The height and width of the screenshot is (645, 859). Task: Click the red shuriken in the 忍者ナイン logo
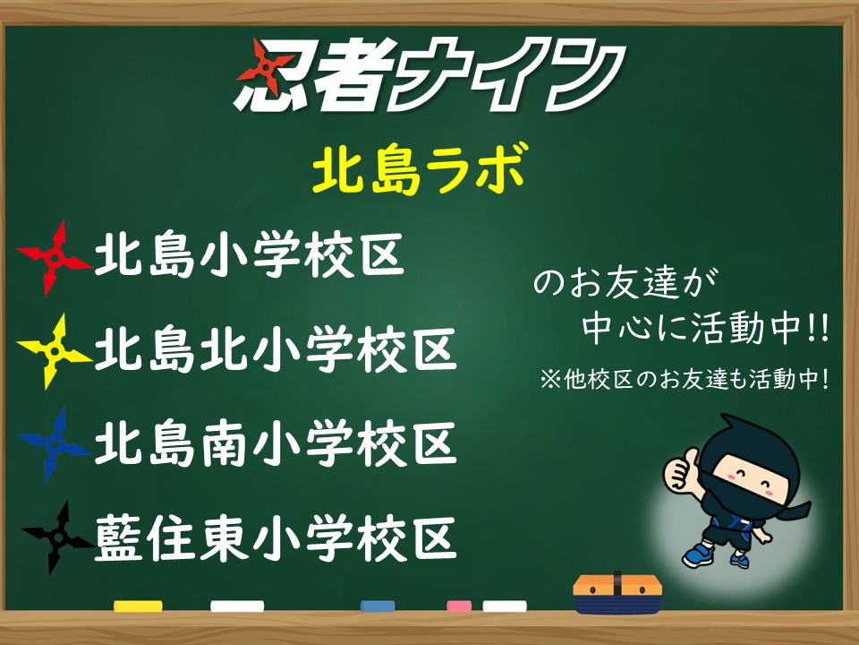pos(266,67)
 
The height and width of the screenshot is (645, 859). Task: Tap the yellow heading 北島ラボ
pos(421,169)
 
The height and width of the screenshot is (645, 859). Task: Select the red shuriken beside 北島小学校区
pos(54,258)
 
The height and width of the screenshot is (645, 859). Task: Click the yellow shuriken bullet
pos(54,351)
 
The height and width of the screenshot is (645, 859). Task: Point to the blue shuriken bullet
pos(54,444)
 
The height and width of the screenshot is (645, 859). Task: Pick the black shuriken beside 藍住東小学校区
pos(57,537)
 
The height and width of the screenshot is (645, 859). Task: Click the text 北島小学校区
pos(250,255)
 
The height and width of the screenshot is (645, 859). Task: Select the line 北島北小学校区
pos(276,349)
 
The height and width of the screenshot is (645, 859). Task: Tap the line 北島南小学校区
pos(276,443)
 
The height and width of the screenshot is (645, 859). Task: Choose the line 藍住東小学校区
pos(276,538)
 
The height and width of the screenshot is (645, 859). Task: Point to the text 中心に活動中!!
pos(705,328)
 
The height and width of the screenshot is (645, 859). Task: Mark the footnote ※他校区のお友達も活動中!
pos(685,379)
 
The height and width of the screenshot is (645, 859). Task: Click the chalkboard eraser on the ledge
pos(617,593)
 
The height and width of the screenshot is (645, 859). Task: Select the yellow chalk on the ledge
pos(138,606)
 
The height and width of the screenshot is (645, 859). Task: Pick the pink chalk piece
pos(459,606)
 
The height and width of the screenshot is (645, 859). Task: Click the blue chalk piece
pos(378,606)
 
